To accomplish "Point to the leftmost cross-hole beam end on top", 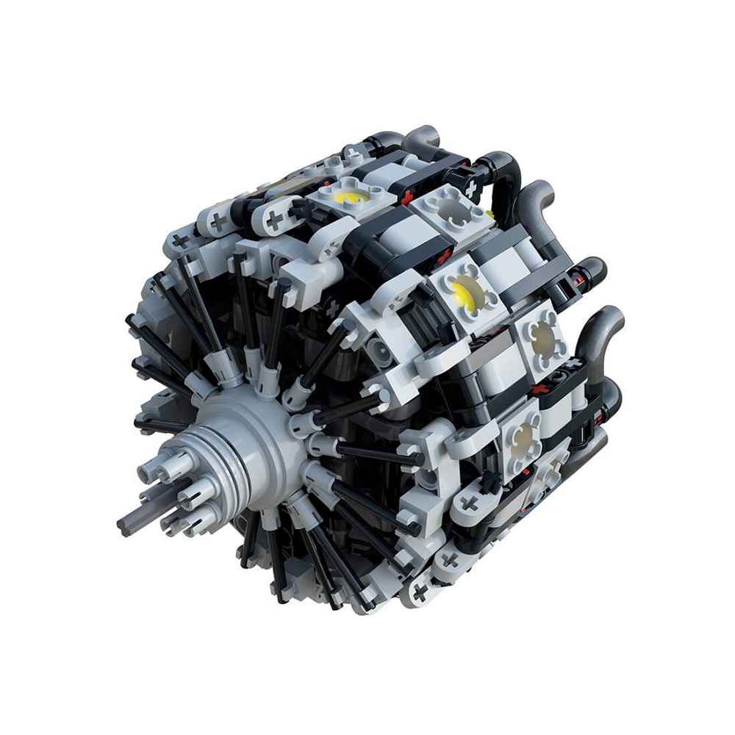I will [x=219, y=220].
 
